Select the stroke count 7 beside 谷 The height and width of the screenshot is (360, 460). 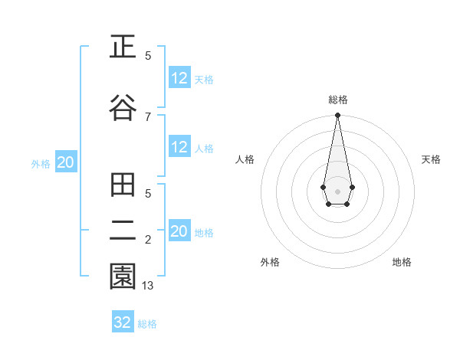(148, 116)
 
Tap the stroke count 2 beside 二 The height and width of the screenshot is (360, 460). (148, 240)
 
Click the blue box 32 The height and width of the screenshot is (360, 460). (123, 322)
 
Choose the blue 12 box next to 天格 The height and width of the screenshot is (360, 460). (179, 78)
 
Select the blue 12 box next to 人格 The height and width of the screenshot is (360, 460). (179, 148)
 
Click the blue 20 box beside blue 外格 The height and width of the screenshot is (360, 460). (65, 163)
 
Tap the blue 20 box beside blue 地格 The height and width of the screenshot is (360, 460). (179, 232)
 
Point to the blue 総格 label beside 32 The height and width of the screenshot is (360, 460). (147, 324)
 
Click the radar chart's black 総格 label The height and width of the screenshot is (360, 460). (337, 100)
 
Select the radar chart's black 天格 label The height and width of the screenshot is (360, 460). (432, 159)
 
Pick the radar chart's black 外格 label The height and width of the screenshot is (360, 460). (270, 262)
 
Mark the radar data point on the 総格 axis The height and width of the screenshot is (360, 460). (337, 116)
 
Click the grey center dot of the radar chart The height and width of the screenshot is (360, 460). (337, 190)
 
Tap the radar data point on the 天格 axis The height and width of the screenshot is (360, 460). (352, 187)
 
